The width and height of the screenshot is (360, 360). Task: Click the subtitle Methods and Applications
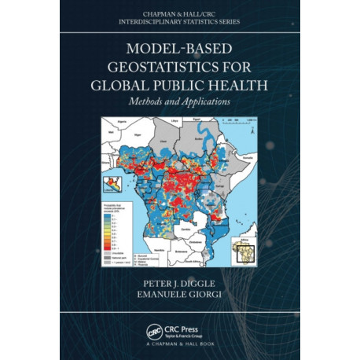tap(180, 102)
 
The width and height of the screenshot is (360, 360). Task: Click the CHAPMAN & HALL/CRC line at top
tap(180, 13)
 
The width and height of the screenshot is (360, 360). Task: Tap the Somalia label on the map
tap(247, 157)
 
